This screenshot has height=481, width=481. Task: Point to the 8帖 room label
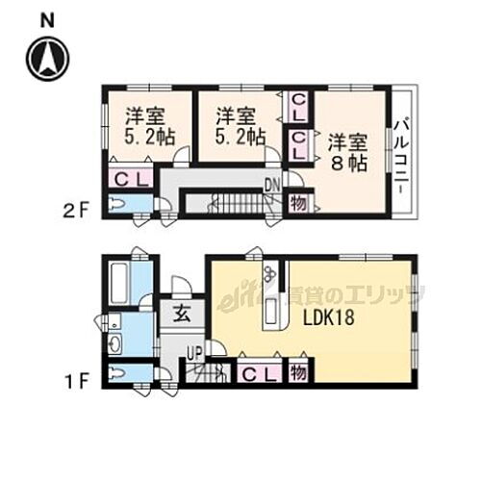(345, 153)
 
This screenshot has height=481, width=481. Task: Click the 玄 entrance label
(182, 313)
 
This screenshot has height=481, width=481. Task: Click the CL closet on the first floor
(254, 374)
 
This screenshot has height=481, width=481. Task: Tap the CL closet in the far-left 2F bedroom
(129, 178)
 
